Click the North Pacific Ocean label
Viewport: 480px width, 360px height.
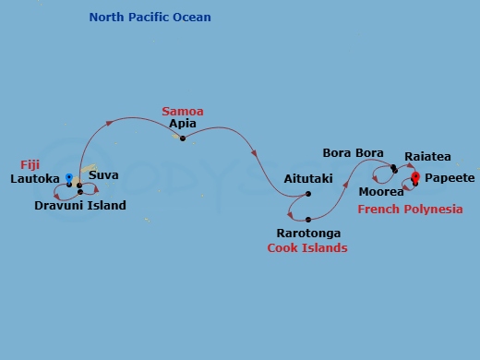(x=150, y=18)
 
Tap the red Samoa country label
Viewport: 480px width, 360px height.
(x=182, y=112)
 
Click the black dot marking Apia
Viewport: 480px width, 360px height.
(x=183, y=138)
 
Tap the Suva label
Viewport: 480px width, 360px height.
(x=103, y=174)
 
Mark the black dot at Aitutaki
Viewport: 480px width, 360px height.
(x=308, y=194)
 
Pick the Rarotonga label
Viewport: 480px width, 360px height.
(x=308, y=234)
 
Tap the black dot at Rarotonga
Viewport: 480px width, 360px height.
(x=307, y=220)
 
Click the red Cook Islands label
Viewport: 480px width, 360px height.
(x=307, y=247)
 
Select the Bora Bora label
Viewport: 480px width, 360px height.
(x=353, y=152)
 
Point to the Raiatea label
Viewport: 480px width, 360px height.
(x=427, y=157)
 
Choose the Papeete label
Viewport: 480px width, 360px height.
(x=450, y=177)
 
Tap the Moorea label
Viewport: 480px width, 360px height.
(x=381, y=192)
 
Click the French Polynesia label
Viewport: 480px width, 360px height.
(x=410, y=210)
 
